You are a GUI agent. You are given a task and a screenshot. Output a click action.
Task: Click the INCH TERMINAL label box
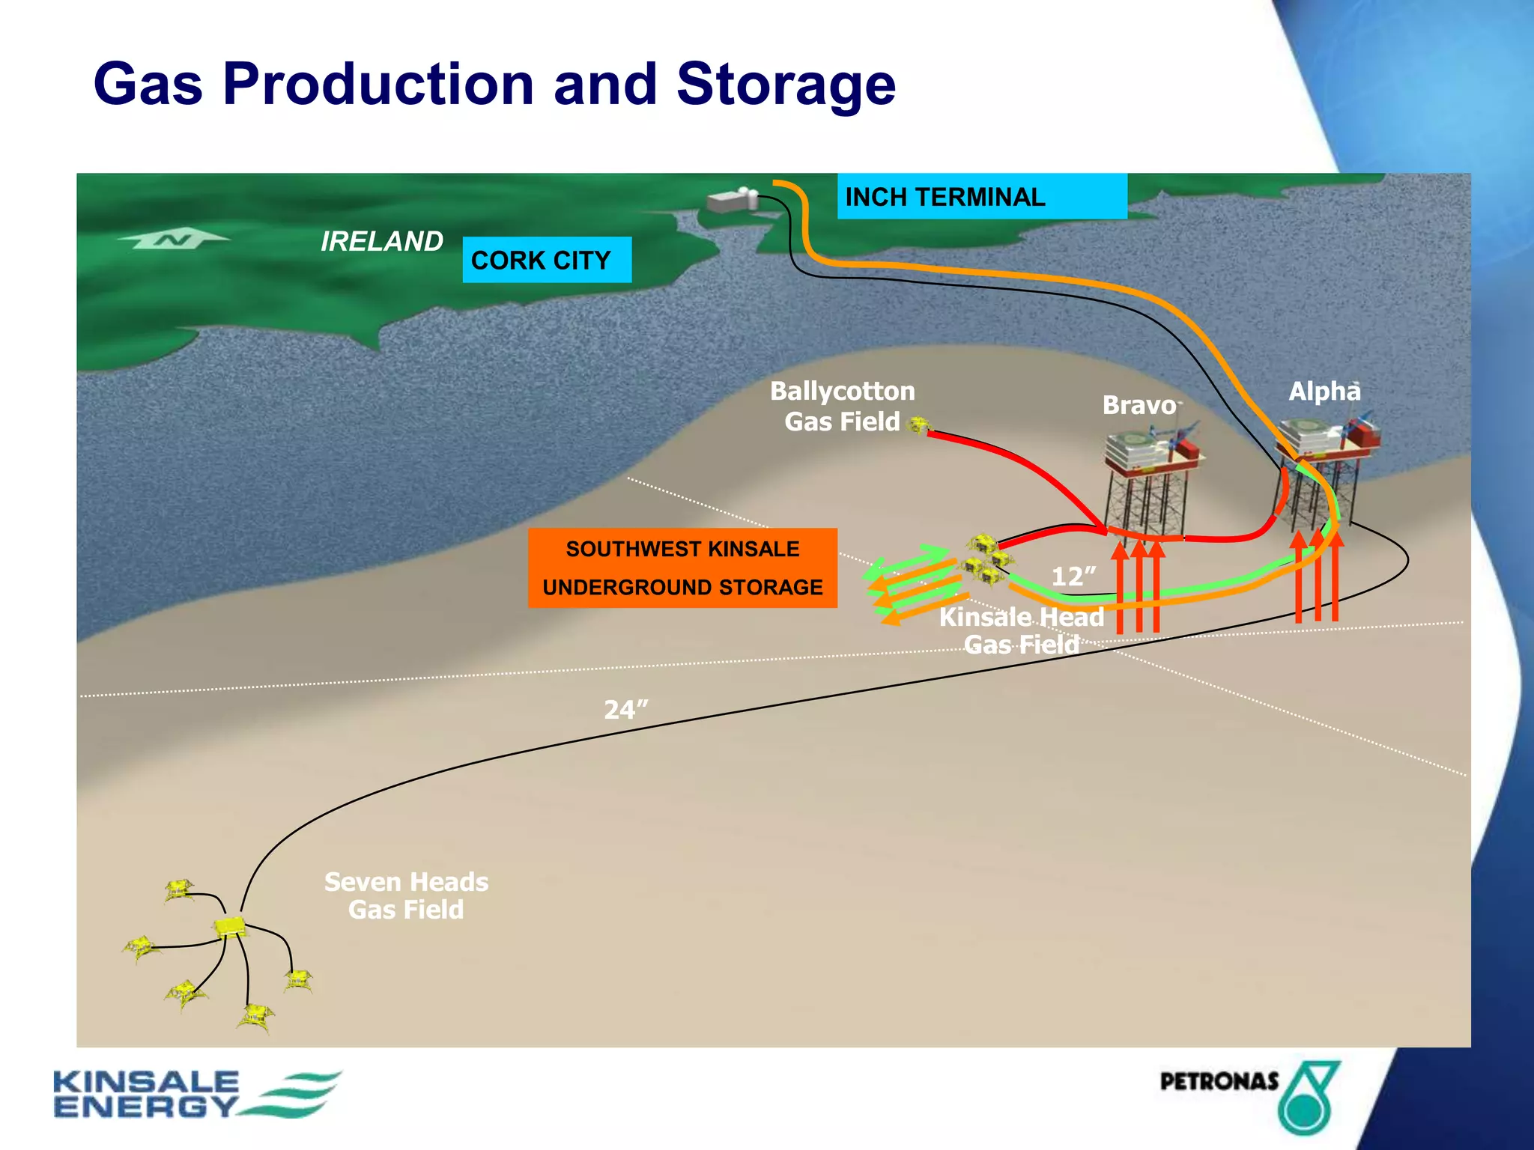pos(981,196)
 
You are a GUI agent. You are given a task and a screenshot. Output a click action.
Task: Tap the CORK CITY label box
pos(547,260)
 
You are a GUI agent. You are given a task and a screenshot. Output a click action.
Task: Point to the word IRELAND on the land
pos(381,241)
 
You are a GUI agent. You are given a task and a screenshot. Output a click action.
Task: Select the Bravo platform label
pos(1139,405)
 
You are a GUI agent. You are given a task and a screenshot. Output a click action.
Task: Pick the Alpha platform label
pos(1324,391)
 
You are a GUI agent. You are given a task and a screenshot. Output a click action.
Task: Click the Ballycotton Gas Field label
pos(842,406)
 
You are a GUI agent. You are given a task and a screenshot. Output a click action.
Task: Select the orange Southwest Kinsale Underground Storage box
pos(682,568)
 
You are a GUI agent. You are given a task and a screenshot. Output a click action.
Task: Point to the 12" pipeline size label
pos(1073,576)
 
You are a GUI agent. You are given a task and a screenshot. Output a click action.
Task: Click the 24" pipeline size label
pos(625,709)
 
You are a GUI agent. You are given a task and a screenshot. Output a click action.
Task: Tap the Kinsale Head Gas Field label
pos(1022,630)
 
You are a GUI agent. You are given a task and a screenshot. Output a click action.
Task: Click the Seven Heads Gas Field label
pos(406,895)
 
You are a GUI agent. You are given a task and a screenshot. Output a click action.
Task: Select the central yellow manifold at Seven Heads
pos(230,928)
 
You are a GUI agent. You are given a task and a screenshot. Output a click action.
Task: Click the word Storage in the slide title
pos(786,84)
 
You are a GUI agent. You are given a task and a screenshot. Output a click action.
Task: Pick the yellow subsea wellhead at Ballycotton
pos(918,425)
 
